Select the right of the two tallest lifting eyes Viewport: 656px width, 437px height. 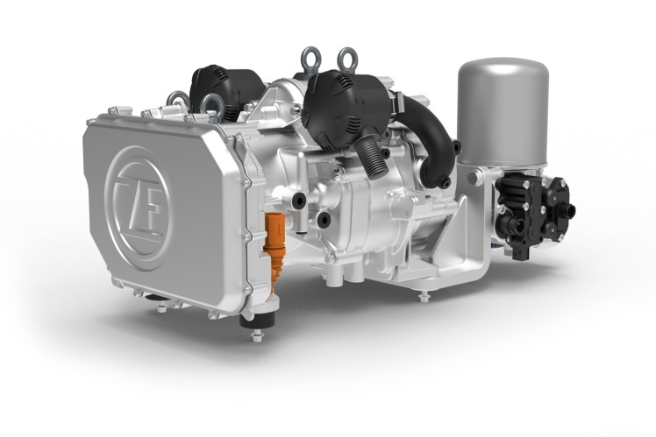pos(346,62)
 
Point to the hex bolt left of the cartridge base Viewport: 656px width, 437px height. pos(474,179)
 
